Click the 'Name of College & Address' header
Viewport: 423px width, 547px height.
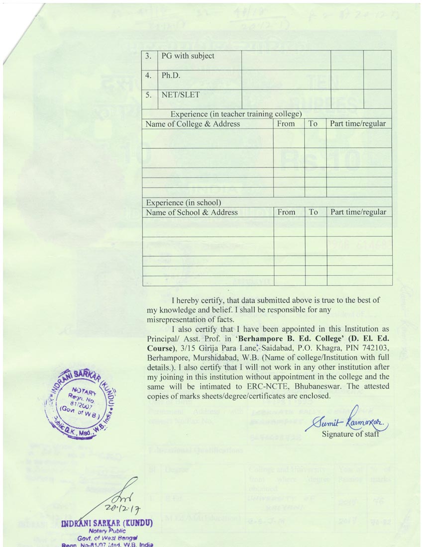point(193,124)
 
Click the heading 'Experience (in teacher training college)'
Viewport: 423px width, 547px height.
point(236,114)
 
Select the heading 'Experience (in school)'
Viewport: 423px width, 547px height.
point(183,203)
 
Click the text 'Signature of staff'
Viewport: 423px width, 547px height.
point(350,434)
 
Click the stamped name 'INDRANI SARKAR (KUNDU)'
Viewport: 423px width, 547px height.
point(106,524)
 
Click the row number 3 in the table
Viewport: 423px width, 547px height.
point(148,56)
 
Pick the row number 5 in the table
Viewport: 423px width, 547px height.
point(148,94)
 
